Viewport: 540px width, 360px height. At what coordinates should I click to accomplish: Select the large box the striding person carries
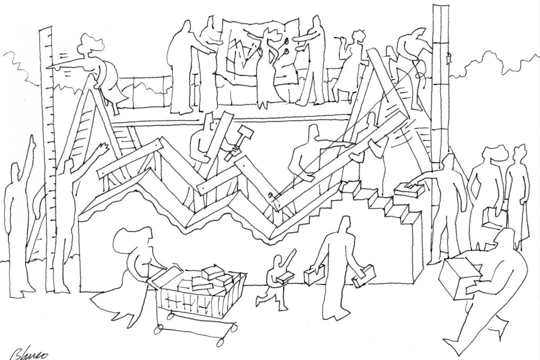[x=459, y=278]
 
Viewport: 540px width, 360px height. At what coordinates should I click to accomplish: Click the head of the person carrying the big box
[x=506, y=238]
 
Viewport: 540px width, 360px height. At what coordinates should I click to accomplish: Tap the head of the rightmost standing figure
[x=519, y=153]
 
